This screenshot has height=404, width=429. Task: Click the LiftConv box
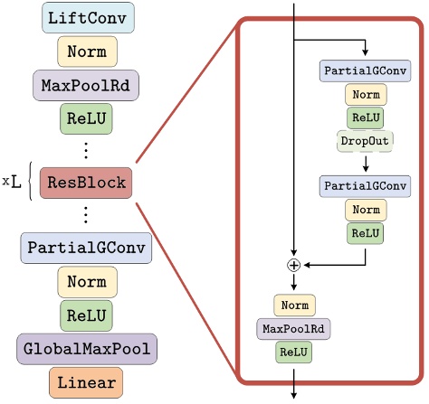pos(87,18)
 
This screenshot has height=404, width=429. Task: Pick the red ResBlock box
pos(87,182)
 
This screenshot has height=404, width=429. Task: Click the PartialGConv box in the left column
pos(87,247)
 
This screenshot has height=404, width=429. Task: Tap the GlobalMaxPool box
pos(87,348)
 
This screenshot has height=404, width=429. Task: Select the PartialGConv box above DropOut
pos(365,70)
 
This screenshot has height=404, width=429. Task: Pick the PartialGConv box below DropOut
pos(365,186)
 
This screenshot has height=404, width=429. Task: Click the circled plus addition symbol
pos(293,265)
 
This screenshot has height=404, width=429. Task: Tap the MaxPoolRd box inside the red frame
pos(293,328)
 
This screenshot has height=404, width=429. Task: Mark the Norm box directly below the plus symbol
pos(293,305)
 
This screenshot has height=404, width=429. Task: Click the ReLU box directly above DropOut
pos(365,117)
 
